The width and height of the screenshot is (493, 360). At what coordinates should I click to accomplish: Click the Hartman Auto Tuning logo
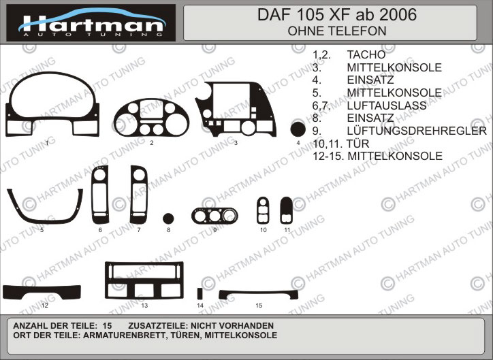click(91, 22)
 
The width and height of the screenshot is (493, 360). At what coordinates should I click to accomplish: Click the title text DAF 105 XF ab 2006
click(337, 15)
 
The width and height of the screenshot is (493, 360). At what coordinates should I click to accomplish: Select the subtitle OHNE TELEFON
click(337, 31)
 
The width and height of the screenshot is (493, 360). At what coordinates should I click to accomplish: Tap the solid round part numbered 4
click(298, 129)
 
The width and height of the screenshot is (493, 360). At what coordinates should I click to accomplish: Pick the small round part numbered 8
click(168, 218)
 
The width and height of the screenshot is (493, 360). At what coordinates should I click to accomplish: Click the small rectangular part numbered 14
click(200, 293)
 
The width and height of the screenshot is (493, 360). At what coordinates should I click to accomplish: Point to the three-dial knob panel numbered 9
click(214, 216)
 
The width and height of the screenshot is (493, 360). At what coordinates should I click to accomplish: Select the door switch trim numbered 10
click(263, 210)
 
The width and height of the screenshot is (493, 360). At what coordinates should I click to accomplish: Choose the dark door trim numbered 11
click(286, 210)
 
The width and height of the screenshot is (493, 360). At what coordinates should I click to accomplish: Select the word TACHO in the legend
click(366, 54)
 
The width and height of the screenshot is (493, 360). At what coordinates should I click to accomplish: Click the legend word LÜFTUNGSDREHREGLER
click(417, 131)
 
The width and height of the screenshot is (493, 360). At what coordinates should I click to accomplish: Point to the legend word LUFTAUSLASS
click(387, 105)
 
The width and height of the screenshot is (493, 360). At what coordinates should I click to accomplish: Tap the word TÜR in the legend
click(357, 144)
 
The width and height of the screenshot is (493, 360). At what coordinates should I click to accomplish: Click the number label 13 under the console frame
click(144, 306)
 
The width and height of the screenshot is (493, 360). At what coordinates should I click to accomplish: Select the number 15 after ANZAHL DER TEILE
click(107, 326)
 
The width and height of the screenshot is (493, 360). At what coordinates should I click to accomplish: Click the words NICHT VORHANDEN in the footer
click(232, 326)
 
